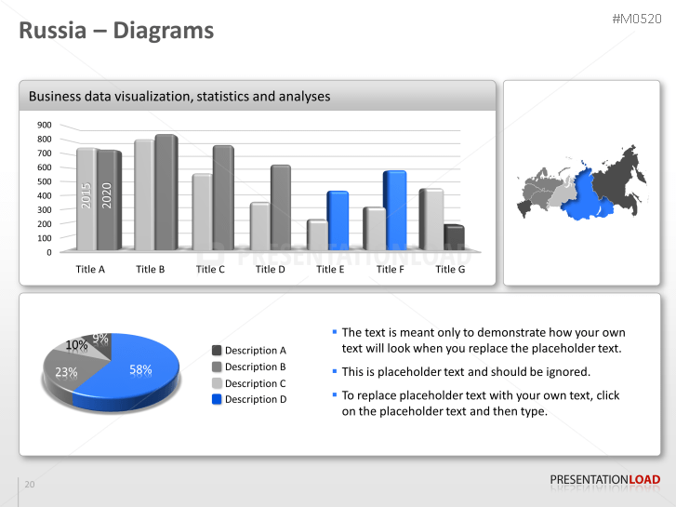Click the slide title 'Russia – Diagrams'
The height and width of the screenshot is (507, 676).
point(117,31)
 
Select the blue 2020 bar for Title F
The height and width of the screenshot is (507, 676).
point(394,210)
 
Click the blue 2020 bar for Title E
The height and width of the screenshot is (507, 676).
point(337,220)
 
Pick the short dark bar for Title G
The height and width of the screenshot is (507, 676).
point(453,237)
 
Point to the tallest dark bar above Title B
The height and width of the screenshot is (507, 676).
point(166,193)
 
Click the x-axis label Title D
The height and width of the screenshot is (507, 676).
point(271,270)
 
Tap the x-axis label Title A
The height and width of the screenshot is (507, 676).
point(90,270)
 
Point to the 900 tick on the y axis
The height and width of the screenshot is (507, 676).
point(45,125)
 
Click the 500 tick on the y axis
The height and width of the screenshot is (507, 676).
point(45,181)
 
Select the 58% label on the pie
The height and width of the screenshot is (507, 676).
point(140,369)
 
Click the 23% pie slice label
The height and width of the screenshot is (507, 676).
point(66,372)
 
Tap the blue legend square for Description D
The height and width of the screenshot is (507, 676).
point(217,399)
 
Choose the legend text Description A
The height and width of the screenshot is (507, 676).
point(256,351)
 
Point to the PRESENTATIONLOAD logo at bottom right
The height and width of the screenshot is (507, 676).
point(604,480)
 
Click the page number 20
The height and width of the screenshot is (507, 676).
point(30,484)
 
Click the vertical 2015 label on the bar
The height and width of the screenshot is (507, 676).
point(86,195)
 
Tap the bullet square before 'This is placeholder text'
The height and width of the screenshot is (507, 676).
point(335,372)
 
